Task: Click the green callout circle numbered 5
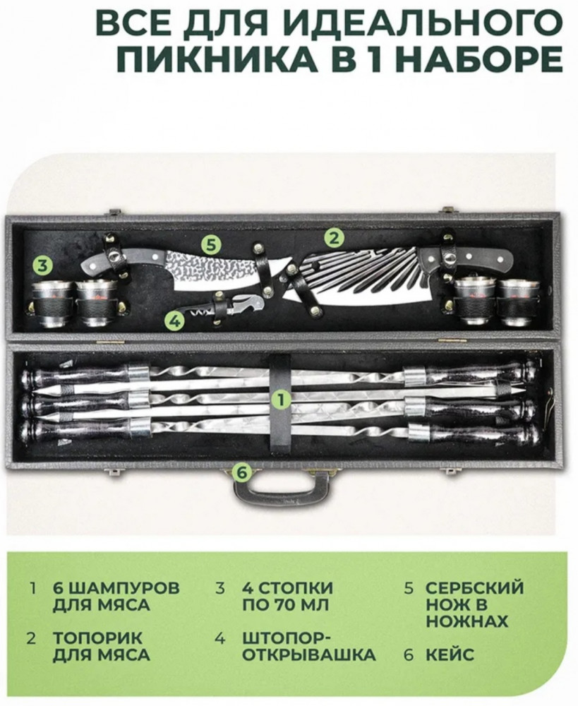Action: click(212, 246)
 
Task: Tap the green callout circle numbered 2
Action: click(334, 238)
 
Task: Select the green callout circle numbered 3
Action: click(42, 265)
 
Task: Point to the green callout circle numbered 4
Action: click(174, 321)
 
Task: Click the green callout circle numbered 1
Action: click(281, 400)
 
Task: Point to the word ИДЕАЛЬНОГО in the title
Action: click(423, 22)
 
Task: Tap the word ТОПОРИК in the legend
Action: click(97, 638)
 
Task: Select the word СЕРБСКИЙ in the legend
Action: click(475, 588)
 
